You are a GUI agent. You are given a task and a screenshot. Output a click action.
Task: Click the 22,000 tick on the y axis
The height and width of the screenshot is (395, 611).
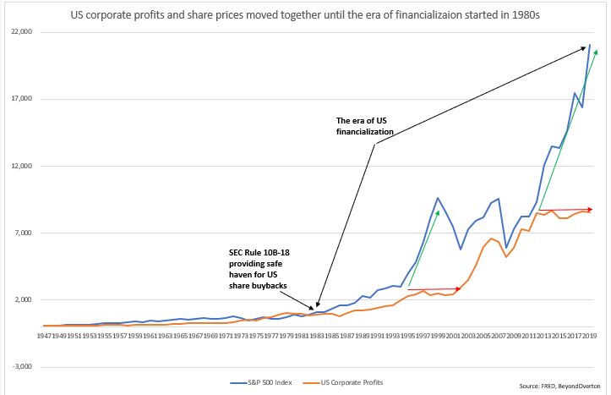click(18, 32)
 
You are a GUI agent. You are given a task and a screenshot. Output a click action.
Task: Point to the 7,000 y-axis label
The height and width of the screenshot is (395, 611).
click(20, 233)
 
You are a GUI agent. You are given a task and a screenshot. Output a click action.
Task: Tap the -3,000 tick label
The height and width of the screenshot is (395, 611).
click(19, 367)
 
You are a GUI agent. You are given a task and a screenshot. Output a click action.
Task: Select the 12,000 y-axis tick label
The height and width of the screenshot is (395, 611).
click(18, 166)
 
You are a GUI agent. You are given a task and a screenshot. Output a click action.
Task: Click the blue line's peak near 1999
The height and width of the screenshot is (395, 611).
click(438, 198)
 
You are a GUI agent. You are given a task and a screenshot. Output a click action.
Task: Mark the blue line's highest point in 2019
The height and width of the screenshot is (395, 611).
click(589, 45)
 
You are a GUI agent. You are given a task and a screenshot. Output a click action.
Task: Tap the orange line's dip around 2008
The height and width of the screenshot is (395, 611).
click(505, 256)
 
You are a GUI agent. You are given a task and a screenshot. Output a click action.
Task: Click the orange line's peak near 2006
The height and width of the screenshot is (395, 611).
click(491, 239)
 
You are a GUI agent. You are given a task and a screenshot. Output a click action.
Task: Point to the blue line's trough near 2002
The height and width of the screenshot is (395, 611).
click(461, 250)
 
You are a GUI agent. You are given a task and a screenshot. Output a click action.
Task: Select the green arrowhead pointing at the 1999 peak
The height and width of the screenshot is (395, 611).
click(439, 212)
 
